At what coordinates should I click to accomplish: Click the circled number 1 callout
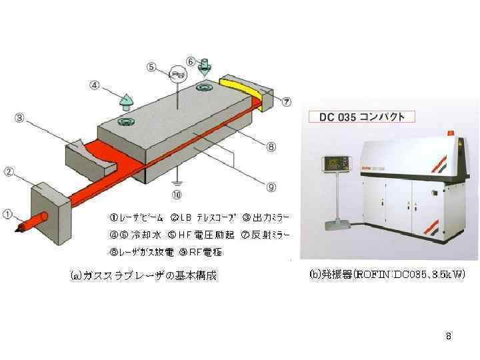coord(7,214)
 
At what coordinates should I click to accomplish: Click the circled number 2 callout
coord(10,172)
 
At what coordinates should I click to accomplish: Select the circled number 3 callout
coord(20,118)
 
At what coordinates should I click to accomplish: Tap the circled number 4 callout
coord(95,85)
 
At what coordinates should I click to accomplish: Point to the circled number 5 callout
coord(152,67)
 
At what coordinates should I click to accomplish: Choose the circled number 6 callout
coord(191,61)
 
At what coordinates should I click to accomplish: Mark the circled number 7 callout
coord(286,102)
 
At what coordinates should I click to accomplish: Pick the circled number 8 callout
coord(271,146)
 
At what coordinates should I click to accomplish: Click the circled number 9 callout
coord(271,187)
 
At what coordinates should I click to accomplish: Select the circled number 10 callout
coord(175,195)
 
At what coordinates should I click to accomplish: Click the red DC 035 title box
coord(361,117)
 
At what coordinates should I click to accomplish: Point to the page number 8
coord(449,336)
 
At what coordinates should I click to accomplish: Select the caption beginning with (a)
coord(144,275)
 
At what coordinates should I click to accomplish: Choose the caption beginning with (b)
coord(386,274)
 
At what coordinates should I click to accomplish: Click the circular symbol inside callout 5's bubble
coord(177,73)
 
